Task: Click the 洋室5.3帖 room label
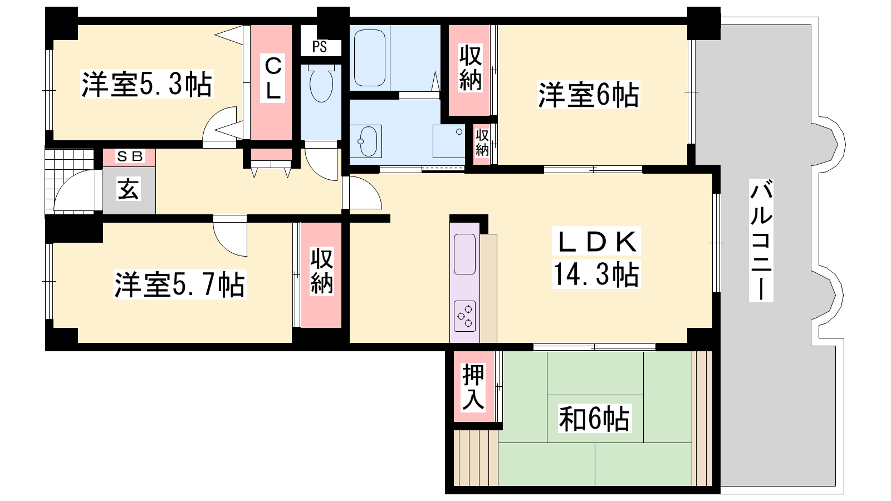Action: pyautogui.click(x=147, y=84)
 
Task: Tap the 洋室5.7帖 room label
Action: pyautogui.click(x=180, y=284)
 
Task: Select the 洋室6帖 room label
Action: pyautogui.click(x=588, y=94)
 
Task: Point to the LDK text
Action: pyautogui.click(x=595, y=242)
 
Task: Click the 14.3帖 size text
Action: pyautogui.click(x=595, y=274)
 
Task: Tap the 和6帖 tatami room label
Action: pyautogui.click(x=594, y=418)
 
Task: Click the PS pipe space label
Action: pyautogui.click(x=320, y=47)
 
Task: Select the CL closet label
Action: pyautogui.click(x=273, y=78)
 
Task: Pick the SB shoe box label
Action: pyautogui.click(x=129, y=156)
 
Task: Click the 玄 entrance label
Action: pyautogui.click(x=129, y=189)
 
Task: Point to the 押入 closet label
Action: pyautogui.click(x=473, y=387)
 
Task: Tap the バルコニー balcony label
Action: pyautogui.click(x=761, y=240)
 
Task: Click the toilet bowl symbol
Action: pyautogui.click(x=321, y=83)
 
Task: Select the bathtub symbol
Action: pyautogui.click(x=370, y=58)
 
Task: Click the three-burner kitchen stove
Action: pyautogui.click(x=464, y=316)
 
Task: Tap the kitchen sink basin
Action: pyautogui.click(x=464, y=254)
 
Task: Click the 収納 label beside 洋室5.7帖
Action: pyautogui.click(x=321, y=271)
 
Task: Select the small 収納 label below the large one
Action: pyautogui.click(x=482, y=143)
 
